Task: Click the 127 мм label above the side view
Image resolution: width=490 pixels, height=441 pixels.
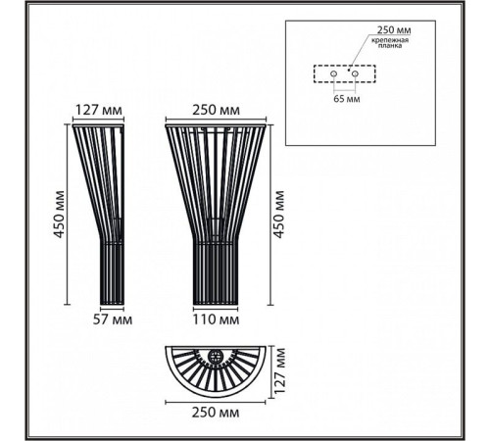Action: (x=99, y=110)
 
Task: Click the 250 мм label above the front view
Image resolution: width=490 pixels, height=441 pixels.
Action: (x=216, y=110)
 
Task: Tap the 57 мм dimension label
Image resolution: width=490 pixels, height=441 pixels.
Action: (x=113, y=319)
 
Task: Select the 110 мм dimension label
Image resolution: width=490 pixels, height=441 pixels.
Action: (x=216, y=319)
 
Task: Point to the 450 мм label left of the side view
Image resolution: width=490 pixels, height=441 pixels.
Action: (x=59, y=215)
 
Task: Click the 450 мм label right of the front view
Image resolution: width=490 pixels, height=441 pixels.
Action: (x=278, y=215)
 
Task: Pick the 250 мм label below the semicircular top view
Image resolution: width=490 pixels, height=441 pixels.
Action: (x=216, y=413)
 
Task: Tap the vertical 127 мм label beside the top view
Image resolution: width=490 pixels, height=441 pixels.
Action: (x=279, y=370)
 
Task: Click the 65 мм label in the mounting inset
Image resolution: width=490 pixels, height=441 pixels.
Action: (x=347, y=99)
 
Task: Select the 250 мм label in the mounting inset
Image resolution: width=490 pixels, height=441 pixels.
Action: (x=394, y=30)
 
